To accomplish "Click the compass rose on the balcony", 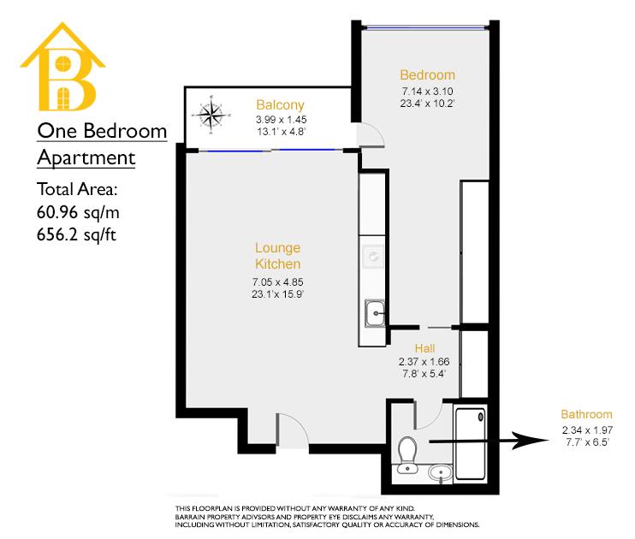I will coord(211,115).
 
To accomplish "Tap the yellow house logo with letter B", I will coord(62,74).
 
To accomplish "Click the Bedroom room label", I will coord(427,74).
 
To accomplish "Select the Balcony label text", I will coord(276,104).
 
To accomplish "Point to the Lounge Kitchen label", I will coord(278,256).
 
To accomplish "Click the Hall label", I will coord(425,348).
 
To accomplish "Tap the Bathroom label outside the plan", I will coord(586,414).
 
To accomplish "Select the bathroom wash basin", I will coord(438,471).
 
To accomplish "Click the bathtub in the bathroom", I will coord(472,444).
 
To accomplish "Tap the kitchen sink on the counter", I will coord(374,313).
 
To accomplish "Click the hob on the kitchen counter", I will coord(374,255).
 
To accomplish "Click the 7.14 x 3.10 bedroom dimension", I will coord(427,91).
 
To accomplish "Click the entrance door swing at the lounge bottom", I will coord(290,429).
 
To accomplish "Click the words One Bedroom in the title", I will coord(101,132).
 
